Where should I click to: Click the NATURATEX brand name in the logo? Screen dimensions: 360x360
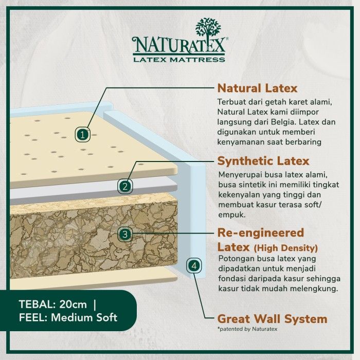(179, 45)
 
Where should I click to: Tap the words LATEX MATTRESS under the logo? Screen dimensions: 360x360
(179, 60)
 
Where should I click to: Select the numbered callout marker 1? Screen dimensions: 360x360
(82, 134)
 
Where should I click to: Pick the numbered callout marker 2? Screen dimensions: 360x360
(125, 186)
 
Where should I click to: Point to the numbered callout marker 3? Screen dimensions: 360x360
(125, 234)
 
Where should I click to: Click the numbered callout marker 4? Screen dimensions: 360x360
(194, 266)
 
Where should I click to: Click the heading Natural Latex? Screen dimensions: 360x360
(257, 88)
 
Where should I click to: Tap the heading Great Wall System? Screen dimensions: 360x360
(272, 319)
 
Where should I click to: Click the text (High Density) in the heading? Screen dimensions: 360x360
(286, 248)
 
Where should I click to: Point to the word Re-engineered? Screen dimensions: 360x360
(261, 233)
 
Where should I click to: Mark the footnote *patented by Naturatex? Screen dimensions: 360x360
(247, 329)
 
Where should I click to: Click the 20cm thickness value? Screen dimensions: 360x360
(73, 304)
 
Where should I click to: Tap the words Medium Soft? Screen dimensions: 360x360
(84, 317)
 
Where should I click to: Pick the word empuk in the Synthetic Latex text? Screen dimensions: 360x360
(232, 215)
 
